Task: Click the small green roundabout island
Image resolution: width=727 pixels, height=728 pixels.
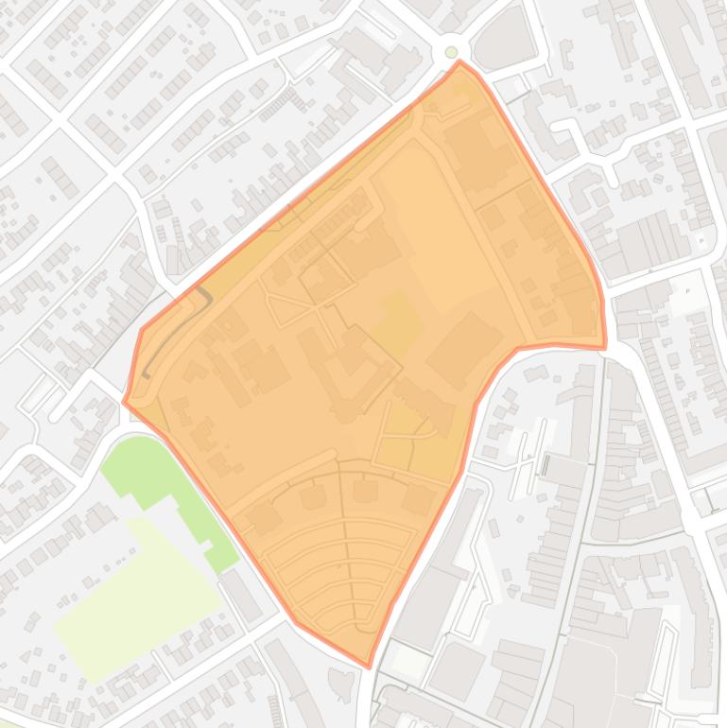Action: point(452,52)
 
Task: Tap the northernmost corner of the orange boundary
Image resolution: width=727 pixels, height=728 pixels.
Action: point(460,62)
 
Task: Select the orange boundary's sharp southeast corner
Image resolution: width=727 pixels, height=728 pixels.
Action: point(605,347)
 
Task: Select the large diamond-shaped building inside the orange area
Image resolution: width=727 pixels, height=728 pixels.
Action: point(463,350)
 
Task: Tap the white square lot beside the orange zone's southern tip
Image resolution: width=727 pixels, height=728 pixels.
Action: point(408,662)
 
